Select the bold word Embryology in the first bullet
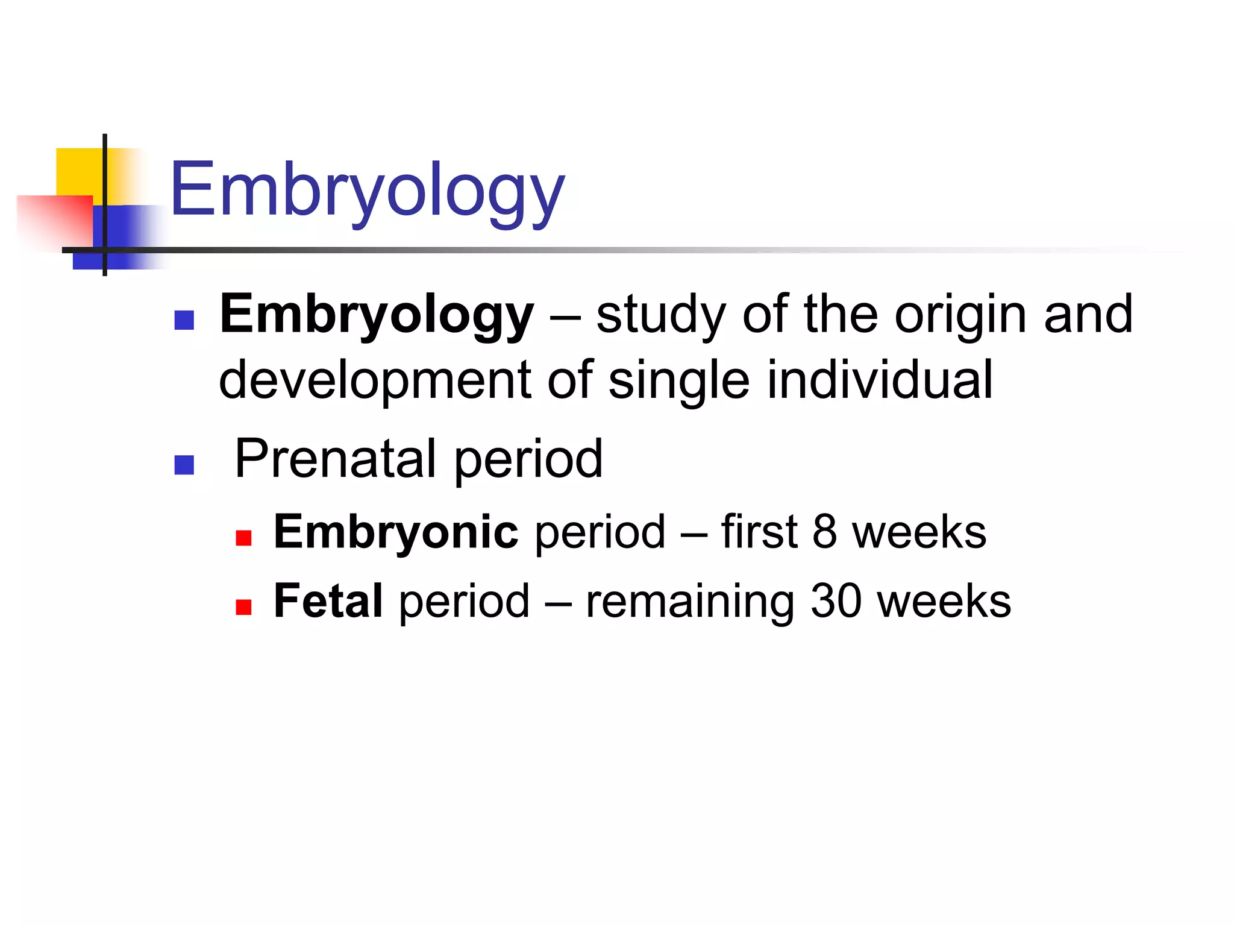pos(377,315)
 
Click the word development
pos(375,380)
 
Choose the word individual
pos(880,380)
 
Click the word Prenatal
pos(335,459)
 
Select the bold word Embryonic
pos(396,532)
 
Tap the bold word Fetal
pos(328,601)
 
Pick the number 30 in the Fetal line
pos(836,601)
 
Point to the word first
pos(759,532)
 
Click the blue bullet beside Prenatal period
pos(184,465)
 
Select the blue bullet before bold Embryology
pos(184,320)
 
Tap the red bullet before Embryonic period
pos(243,538)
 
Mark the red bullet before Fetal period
pos(243,607)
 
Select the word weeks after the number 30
pos(944,601)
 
